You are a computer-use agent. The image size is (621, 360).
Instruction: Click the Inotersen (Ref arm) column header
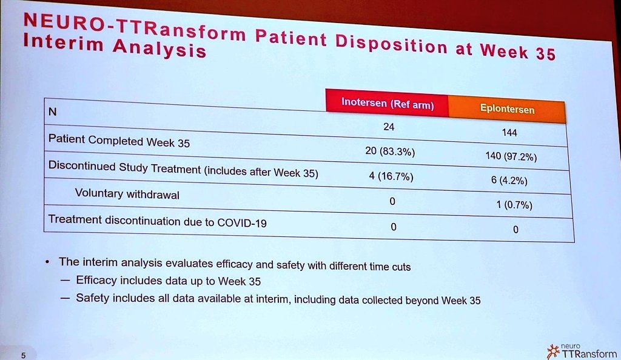[x=388, y=104]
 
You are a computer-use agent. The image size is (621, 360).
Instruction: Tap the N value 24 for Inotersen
[x=389, y=128]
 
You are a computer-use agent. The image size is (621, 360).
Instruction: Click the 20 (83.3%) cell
[x=389, y=152]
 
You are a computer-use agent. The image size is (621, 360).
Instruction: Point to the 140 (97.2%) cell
[x=511, y=156]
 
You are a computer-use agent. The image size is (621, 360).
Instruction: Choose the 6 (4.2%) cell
[x=513, y=181]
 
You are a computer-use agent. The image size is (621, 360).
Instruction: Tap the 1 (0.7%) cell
[x=514, y=205]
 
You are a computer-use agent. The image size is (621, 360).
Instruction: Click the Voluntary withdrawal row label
[x=127, y=194]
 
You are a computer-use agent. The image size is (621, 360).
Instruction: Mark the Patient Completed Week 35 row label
[x=119, y=141]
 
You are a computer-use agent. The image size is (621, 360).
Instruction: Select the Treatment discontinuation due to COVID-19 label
[x=157, y=221]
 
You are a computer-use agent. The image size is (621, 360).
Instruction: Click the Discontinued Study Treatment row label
[x=183, y=168]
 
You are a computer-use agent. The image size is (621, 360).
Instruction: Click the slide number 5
[x=23, y=356]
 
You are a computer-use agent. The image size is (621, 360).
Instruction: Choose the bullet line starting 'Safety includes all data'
[x=278, y=299]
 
